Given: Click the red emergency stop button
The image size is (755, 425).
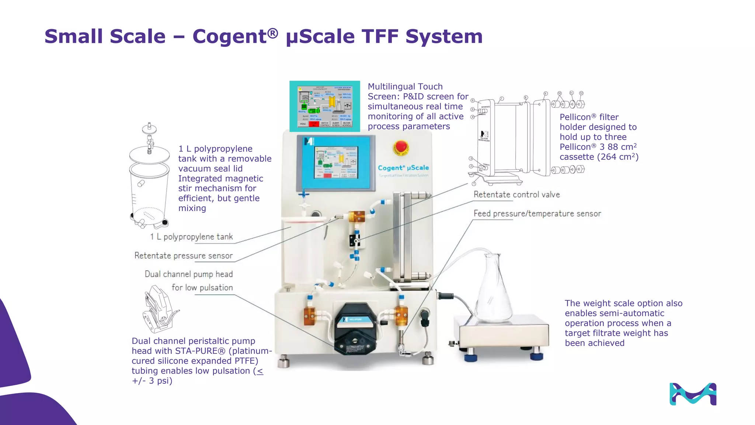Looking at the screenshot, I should coord(401,147).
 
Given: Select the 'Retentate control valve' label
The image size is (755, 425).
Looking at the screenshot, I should coord(516,194).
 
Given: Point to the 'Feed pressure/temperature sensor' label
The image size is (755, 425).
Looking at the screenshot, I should coord(537,214).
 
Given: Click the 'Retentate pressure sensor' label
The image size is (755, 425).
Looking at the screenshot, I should coord(184,256).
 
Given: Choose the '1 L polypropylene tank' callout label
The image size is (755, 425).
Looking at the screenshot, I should coord(191,237).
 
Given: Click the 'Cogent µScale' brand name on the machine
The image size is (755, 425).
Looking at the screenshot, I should coord(403,168).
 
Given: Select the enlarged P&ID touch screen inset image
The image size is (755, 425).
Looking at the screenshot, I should coord(324,106).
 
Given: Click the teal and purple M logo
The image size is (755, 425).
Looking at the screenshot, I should coord(693,394).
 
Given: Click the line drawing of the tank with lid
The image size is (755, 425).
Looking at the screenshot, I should coord(149,177).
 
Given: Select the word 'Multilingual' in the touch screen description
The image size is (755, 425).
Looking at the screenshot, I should coord(392,87).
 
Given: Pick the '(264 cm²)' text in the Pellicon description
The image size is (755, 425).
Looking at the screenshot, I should coord(617,157).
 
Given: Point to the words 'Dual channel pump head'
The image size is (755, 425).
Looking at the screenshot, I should coord(189,274).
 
